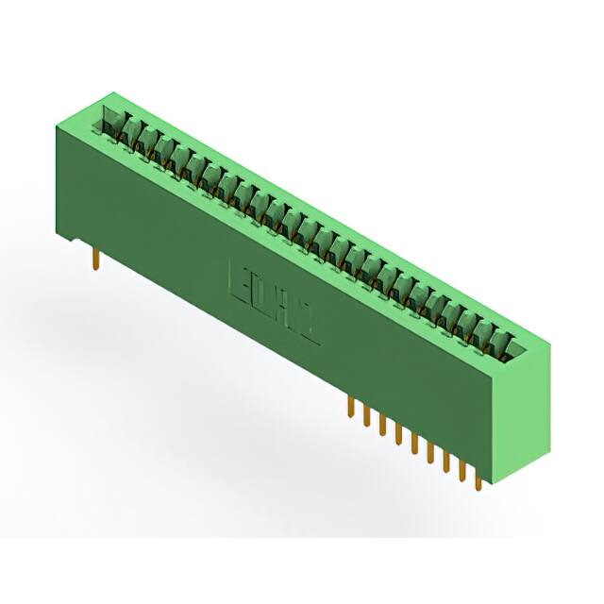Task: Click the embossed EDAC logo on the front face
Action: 274,299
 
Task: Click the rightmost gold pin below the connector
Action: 478,478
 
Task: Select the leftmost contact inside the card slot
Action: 111,124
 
